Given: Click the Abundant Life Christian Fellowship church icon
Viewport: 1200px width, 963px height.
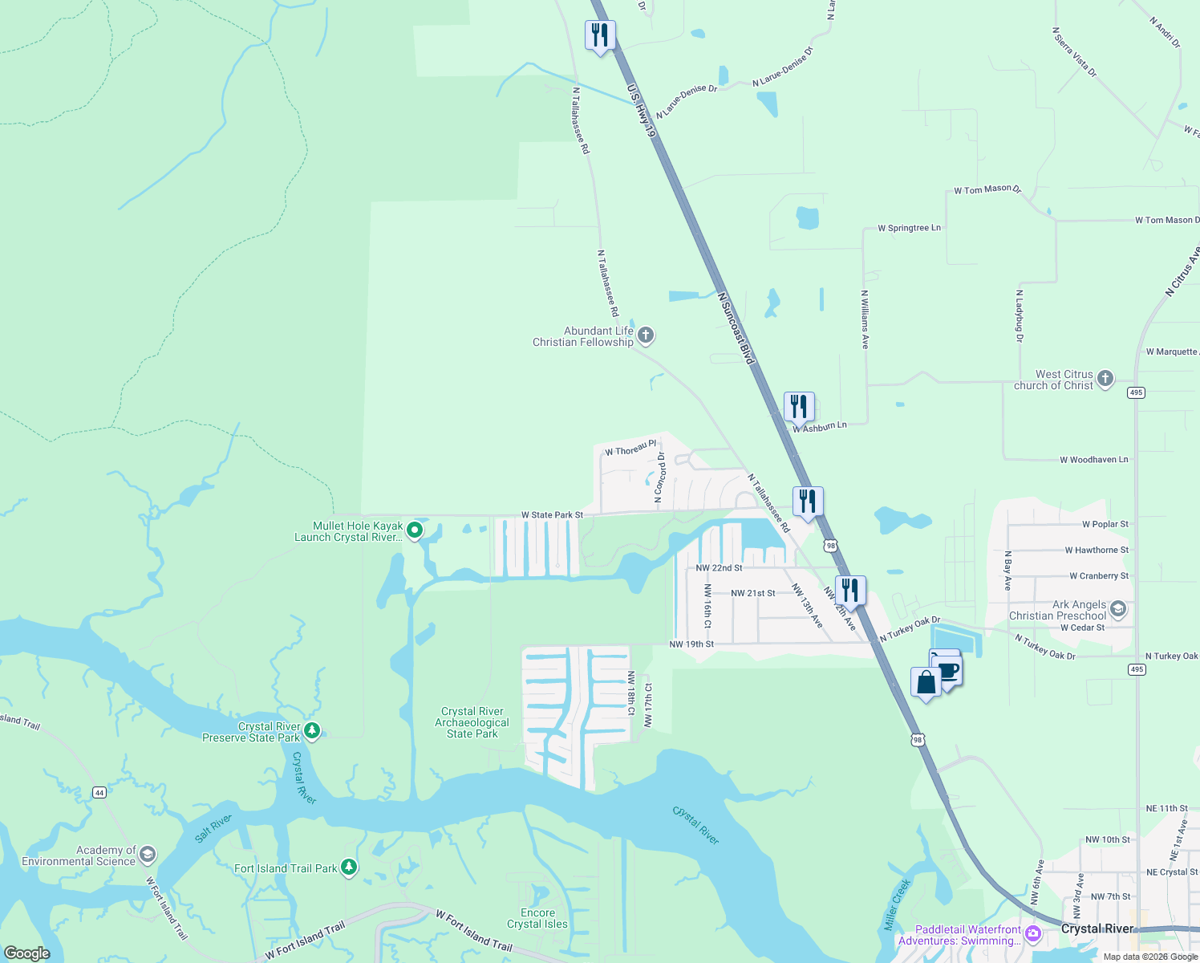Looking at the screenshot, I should tap(646, 335).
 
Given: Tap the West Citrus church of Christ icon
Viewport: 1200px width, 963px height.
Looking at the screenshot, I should tap(1105, 379).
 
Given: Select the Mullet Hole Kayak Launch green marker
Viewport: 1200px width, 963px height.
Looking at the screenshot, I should tap(415, 530).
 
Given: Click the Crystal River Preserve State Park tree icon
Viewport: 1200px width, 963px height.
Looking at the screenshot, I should tap(313, 731).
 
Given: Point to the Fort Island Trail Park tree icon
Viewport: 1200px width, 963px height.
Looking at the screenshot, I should tap(348, 868).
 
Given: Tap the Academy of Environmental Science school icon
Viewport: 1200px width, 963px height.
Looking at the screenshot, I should tap(147, 855).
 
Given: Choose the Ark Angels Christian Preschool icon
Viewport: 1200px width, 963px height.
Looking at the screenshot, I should tap(1118, 609).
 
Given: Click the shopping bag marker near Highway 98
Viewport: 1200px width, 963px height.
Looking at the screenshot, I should tap(926, 683).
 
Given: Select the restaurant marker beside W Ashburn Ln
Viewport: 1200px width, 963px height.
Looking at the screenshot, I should tap(799, 407).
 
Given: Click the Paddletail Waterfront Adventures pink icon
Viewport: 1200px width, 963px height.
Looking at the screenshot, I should tap(1033, 933).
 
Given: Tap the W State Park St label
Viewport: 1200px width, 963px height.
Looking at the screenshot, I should tap(552, 515).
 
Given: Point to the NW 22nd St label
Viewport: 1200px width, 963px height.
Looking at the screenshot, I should tap(719, 568).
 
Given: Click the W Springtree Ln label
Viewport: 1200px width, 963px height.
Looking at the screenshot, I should tap(909, 228).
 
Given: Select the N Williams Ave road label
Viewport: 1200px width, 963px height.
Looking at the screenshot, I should tap(865, 319).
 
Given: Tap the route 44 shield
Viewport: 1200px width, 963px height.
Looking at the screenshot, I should tap(99, 793).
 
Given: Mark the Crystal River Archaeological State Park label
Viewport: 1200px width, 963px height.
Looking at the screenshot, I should tap(472, 722).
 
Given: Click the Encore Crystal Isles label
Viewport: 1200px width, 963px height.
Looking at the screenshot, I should tap(537, 918).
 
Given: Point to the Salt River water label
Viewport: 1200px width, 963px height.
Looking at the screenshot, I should tap(213, 828).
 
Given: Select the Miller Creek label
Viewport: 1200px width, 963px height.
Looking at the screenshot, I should tap(898, 904).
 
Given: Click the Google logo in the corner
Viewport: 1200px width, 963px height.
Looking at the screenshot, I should tap(27, 953).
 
